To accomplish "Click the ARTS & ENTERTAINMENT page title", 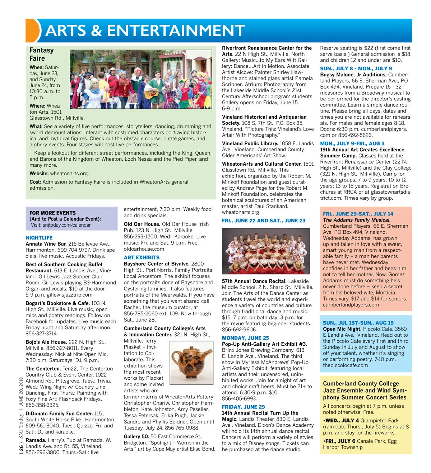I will click(145, 31).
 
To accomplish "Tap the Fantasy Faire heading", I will click(42, 54).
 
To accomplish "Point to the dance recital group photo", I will click(266, 251).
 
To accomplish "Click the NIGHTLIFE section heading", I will click(39, 238).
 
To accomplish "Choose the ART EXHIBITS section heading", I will click(142, 257).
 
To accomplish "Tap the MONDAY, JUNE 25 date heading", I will click(245, 338).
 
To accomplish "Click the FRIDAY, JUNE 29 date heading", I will click(243, 407).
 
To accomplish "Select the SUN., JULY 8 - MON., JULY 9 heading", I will click(356, 68).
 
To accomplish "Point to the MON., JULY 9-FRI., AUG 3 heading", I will click(352, 143).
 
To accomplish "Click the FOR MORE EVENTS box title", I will click(52, 213).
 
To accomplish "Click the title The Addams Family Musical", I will click(357, 220).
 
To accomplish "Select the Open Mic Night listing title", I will click(342, 329).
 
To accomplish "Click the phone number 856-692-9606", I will click(240, 330).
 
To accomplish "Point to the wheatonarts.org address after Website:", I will click(69, 174).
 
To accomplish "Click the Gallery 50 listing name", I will click(136, 436).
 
